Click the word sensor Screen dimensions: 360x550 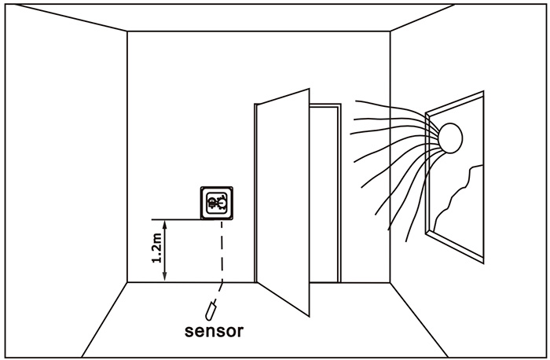(213, 330)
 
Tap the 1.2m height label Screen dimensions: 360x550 (156, 248)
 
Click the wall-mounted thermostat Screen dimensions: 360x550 (218, 204)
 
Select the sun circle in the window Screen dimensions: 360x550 (452, 138)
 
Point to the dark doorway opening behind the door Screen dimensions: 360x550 (325, 197)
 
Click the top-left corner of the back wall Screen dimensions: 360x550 (127, 31)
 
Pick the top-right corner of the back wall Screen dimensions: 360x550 (390, 31)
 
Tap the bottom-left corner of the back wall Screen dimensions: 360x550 (127, 281)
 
